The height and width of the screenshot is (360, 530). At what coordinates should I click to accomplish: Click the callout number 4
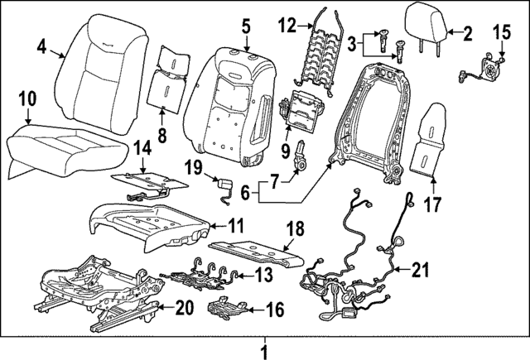[42, 49]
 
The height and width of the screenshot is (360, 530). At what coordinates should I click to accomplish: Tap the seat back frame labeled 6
[369, 116]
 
